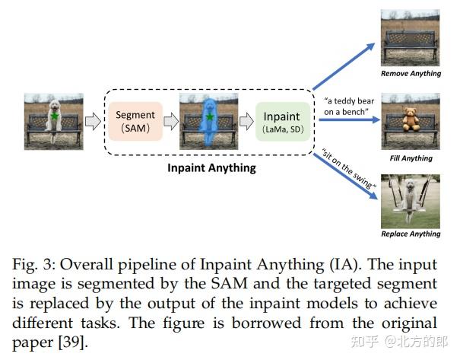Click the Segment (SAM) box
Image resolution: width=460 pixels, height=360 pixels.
[x=135, y=120]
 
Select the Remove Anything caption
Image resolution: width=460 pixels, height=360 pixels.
[x=411, y=74]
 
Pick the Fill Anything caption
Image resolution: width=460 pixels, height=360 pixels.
[x=411, y=158]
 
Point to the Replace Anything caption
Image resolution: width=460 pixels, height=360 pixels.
[x=411, y=234]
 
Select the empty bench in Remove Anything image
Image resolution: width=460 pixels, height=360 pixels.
[x=411, y=48]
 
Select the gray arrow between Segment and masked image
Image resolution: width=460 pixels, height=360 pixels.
[x=171, y=120]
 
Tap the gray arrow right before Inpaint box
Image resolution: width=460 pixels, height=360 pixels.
[x=246, y=120]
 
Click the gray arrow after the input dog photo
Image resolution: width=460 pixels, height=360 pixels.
[x=91, y=120]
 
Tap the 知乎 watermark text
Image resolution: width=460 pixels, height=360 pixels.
[x=361, y=340]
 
